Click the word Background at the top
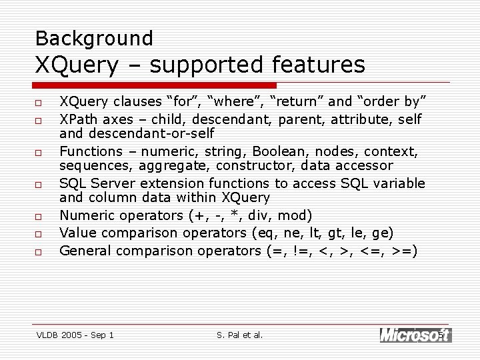tap(94, 39)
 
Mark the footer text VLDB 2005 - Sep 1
tap(75, 335)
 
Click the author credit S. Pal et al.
tap(240, 335)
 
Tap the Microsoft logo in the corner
tap(415, 335)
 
